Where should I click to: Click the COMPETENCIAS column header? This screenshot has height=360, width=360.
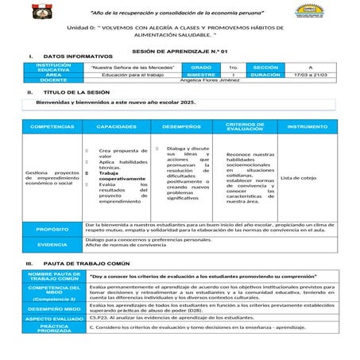[52, 126]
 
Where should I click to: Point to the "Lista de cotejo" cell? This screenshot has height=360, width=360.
[299, 177]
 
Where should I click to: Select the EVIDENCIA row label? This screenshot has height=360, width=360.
[52, 244]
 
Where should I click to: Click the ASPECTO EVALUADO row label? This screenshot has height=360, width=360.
[52, 317]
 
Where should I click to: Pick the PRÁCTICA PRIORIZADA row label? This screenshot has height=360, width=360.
[52, 328]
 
